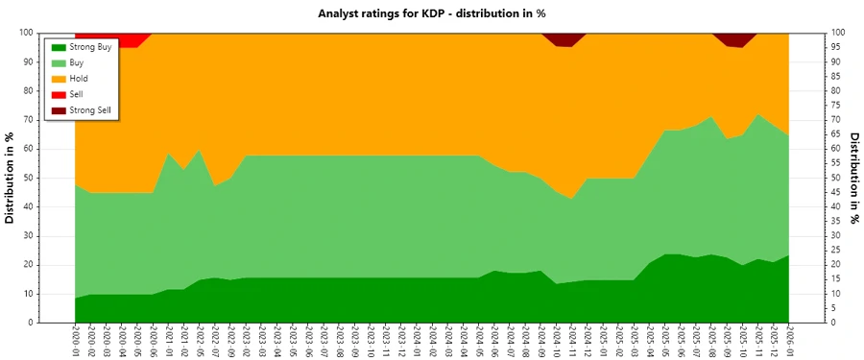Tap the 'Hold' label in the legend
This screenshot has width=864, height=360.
click(x=80, y=79)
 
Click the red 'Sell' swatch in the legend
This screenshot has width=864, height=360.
click(x=58, y=95)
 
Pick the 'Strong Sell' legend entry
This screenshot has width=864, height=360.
click(x=91, y=111)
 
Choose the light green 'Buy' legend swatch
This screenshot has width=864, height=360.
click(x=58, y=62)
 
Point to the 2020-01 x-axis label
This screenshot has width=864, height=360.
click(x=76, y=341)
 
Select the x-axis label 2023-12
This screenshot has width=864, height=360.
click(x=402, y=341)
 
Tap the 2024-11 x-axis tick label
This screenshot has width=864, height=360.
click(x=573, y=341)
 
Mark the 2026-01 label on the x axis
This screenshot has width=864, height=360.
click(x=789, y=341)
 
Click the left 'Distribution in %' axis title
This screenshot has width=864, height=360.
click(x=11, y=178)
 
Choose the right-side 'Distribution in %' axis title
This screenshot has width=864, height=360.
click(x=853, y=178)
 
